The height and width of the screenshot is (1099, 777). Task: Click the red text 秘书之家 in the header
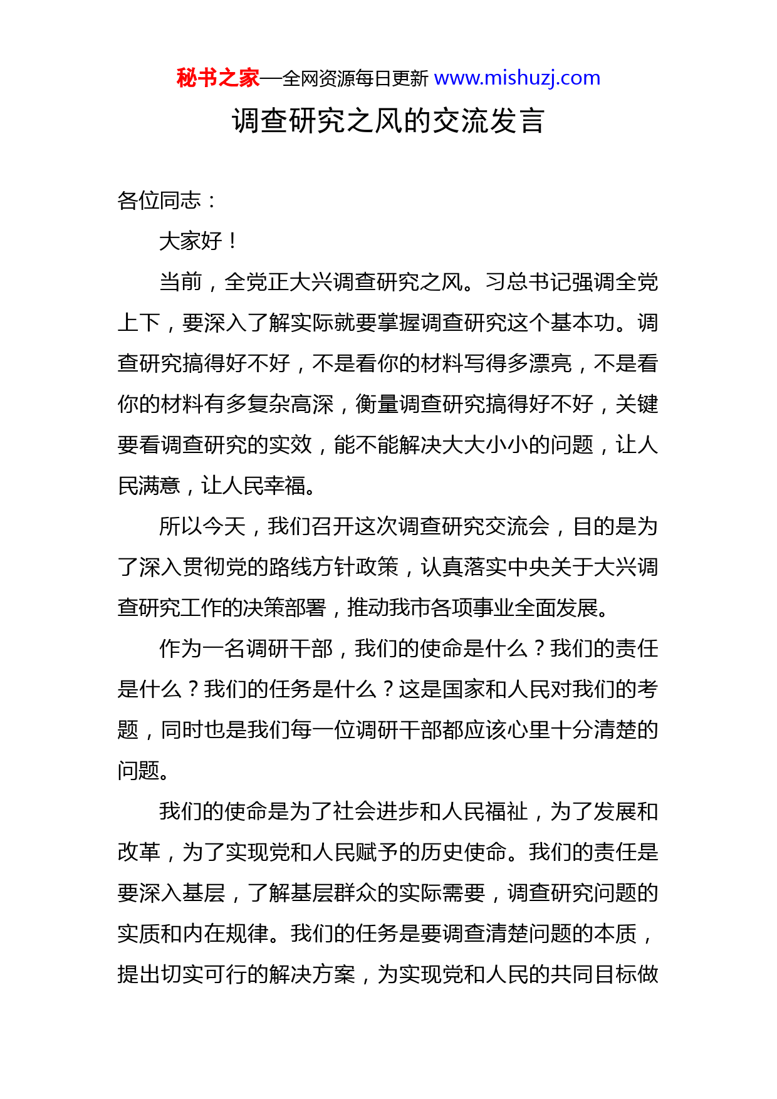click(217, 78)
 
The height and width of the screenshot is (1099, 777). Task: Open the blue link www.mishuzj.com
click(517, 78)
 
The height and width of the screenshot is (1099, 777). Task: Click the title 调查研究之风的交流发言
click(388, 120)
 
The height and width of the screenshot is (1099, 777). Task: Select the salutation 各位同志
click(159, 201)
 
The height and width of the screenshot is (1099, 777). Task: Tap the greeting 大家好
click(191, 241)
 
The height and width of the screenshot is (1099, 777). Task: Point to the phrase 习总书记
click(528, 282)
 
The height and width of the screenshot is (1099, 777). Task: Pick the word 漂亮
click(550, 363)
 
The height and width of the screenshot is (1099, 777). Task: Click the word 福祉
click(506, 811)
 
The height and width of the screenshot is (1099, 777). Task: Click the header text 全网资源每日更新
click(355, 78)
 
